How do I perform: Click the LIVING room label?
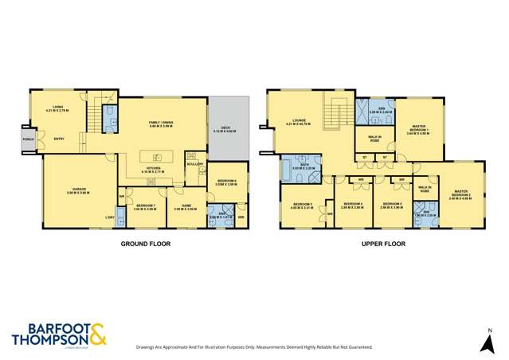coord(58,107)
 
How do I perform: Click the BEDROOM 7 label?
coord(145,206)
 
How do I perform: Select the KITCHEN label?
coord(152,170)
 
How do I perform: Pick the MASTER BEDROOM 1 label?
coord(419,130)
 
